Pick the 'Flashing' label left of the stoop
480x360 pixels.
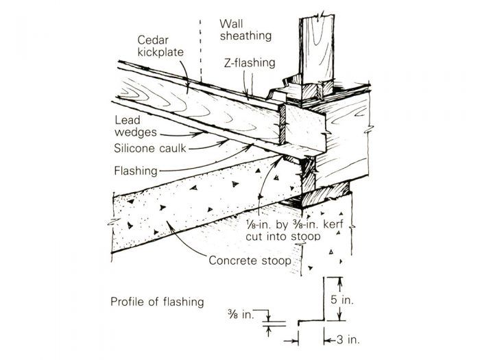coord(135,170)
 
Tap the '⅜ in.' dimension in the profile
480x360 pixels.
coord(243,315)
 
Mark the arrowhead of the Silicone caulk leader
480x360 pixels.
coord(227,143)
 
